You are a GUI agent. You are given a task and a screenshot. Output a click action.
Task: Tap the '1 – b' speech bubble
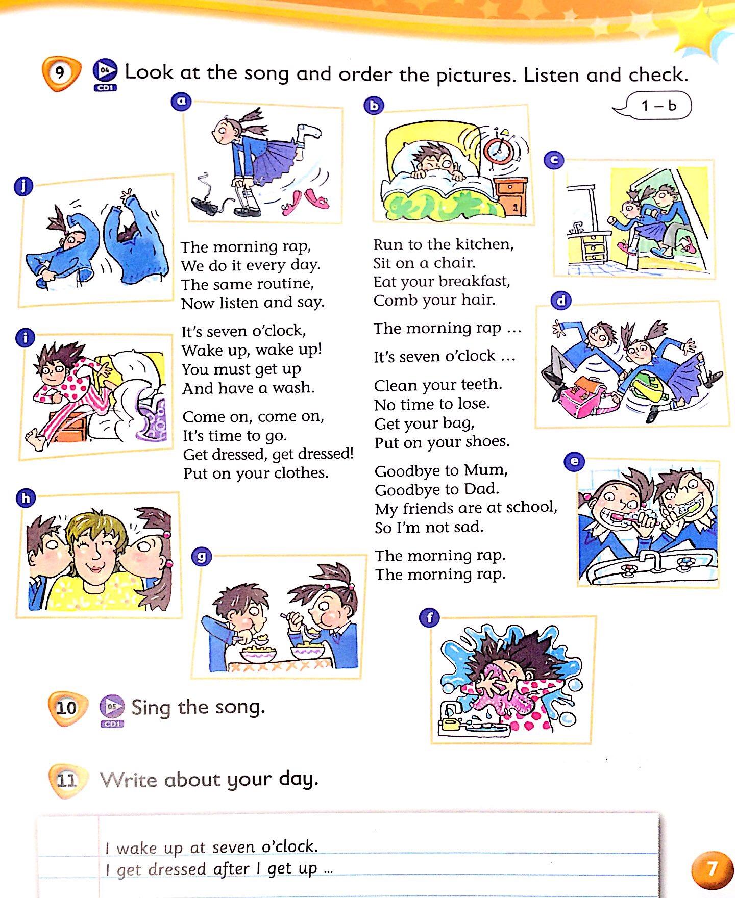(653, 106)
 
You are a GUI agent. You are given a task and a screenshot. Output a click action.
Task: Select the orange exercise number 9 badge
(61, 74)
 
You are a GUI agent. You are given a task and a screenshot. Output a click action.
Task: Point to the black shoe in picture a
(206, 205)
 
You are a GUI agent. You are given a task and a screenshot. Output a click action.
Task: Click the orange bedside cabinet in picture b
(511, 197)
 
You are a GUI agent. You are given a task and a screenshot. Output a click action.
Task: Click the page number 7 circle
(712, 868)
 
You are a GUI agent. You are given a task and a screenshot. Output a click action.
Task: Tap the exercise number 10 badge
(67, 708)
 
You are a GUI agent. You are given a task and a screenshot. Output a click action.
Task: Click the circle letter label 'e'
(574, 462)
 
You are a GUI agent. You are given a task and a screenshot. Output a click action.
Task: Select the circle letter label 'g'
(202, 556)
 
